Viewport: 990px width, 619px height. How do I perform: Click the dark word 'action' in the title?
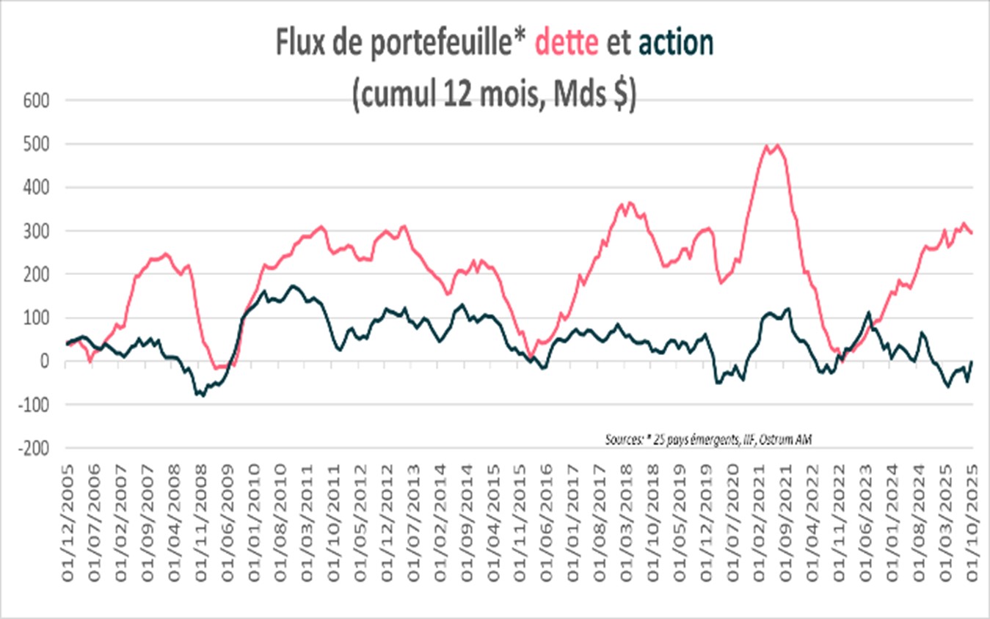click(675, 43)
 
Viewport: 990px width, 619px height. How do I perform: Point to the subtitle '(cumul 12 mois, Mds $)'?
click(494, 95)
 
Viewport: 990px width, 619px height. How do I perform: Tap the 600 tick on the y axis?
click(35, 100)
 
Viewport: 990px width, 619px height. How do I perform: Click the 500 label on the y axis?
click(35, 144)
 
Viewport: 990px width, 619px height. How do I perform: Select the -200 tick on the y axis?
click(33, 448)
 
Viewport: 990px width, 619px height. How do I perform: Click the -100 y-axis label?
click(33, 405)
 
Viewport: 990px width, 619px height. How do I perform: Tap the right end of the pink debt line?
click(972, 233)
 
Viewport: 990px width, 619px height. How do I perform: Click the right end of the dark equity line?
click(972, 361)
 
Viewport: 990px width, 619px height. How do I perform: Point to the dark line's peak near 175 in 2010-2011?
click(292, 285)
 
